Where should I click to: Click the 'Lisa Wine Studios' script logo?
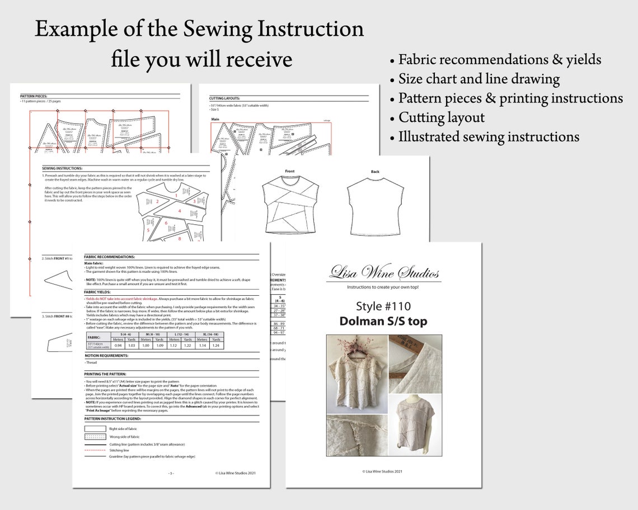tap(384, 273)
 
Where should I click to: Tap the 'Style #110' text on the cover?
tap(383, 306)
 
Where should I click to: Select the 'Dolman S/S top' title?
tap(383, 321)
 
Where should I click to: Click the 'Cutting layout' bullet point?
tap(441, 117)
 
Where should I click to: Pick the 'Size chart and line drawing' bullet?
tap(478, 79)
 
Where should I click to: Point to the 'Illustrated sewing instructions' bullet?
tap(488, 136)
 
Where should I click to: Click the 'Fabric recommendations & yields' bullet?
tap(499, 60)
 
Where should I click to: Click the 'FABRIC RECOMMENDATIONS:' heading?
tap(110, 257)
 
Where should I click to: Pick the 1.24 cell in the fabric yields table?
tap(215, 346)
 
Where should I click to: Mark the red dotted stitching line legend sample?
tap(95, 449)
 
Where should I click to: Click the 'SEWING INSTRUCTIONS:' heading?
tap(62, 168)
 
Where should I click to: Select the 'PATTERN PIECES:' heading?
tap(34, 96)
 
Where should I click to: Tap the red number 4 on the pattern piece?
tap(180, 211)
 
